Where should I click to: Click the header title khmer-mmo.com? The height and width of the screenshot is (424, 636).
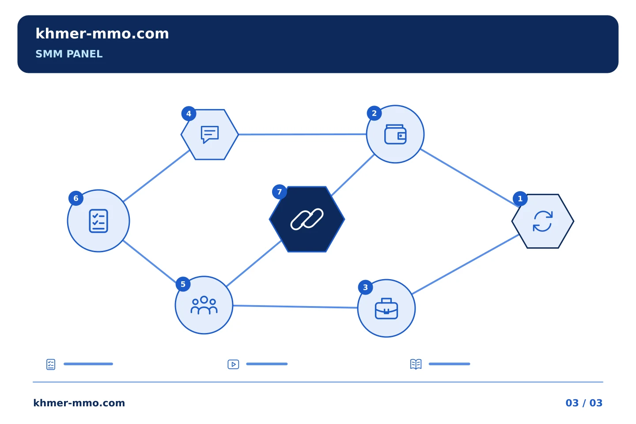click(x=102, y=34)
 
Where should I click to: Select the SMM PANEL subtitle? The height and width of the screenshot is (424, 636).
click(x=69, y=54)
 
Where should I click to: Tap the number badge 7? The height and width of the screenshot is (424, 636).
click(x=280, y=192)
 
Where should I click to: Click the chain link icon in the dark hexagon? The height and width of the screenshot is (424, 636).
click(x=307, y=219)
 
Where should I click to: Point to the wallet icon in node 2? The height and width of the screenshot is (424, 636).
click(x=395, y=134)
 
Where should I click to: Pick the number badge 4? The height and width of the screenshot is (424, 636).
click(x=189, y=114)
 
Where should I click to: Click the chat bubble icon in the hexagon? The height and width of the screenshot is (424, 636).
click(x=210, y=134)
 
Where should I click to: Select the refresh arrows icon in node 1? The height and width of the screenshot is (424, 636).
click(x=542, y=221)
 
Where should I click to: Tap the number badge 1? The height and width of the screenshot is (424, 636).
click(x=520, y=198)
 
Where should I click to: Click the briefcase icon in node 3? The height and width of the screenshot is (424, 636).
click(x=386, y=308)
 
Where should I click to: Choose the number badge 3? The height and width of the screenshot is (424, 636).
click(x=365, y=288)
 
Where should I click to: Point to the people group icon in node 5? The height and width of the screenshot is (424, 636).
click(x=204, y=305)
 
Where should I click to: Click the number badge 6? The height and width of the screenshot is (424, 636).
click(x=76, y=198)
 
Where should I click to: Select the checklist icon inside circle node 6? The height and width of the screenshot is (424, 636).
click(x=98, y=221)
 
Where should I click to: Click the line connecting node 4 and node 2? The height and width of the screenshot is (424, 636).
click(x=303, y=134)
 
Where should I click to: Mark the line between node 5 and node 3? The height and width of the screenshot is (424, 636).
click(x=295, y=307)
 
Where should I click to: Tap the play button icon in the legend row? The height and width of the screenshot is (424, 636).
click(x=233, y=364)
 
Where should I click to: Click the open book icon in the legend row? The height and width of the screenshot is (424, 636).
click(x=416, y=364)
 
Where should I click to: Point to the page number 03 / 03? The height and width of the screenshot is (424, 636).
click(x=584, y=403)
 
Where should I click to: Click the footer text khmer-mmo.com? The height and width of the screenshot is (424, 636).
click(x=79, y=403)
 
